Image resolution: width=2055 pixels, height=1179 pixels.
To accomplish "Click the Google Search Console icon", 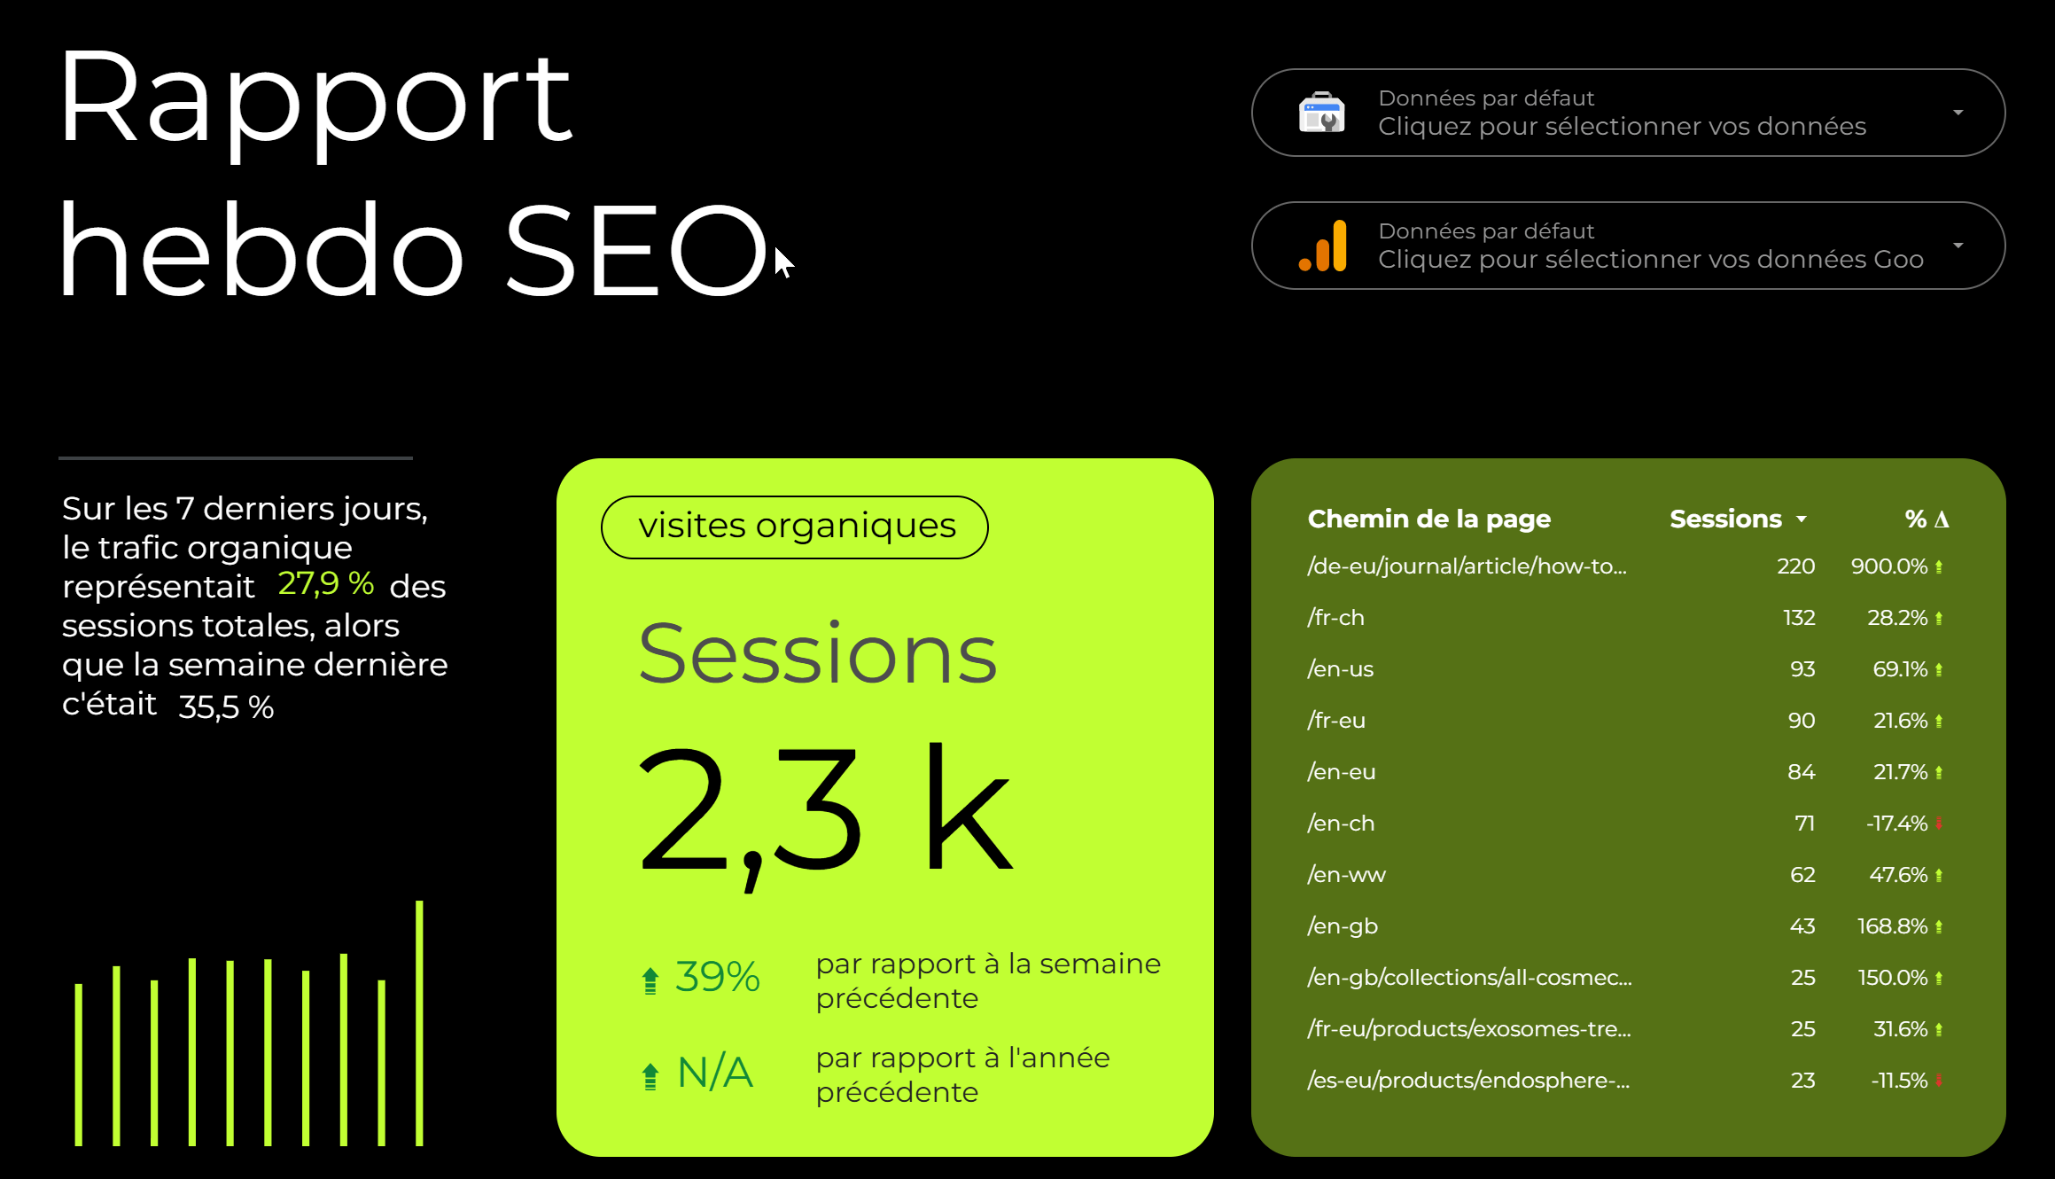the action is [x=1321, y=113].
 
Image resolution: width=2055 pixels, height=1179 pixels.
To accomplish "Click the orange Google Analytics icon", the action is [x=1323, y=246].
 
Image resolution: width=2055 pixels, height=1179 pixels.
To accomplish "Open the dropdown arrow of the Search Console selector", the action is [x=1958, y=113].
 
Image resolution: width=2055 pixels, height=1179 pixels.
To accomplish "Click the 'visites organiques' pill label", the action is [x=795, y=527].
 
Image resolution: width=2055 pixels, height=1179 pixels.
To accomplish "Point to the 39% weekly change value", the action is [x=717, y=977].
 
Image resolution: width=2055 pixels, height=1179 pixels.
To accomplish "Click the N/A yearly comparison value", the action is [x=715, y=1073].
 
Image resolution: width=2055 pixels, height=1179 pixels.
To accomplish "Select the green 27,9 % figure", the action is [x=325, y=583].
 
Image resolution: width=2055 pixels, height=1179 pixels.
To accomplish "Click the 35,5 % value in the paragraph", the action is [x=226, y=707].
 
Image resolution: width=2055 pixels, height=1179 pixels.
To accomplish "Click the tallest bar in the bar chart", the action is [x=419, y=1023].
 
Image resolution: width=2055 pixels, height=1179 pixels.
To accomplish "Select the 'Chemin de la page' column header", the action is [x=1428, y=519].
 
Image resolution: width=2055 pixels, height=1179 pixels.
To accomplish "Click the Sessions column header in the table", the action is [x=1725, y=519].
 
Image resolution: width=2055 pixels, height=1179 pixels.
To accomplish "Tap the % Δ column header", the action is [x=1927, y=519].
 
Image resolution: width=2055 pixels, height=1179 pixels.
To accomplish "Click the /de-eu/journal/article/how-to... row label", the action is [x=1467, y=566].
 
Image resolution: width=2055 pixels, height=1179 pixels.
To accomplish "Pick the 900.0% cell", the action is [x=1889, y=566].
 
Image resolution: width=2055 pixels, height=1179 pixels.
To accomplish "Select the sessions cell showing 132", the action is [x=1799, y=618].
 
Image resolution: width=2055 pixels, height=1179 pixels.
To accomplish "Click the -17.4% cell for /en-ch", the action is [x=1896, y=824].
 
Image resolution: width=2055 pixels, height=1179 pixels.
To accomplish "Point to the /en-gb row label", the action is [x=1343, y=926].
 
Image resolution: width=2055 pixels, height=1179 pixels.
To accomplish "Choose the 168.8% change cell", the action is [x=1893, y=926].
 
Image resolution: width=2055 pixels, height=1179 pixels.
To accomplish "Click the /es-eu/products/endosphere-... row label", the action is [x=1468, y=1081].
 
